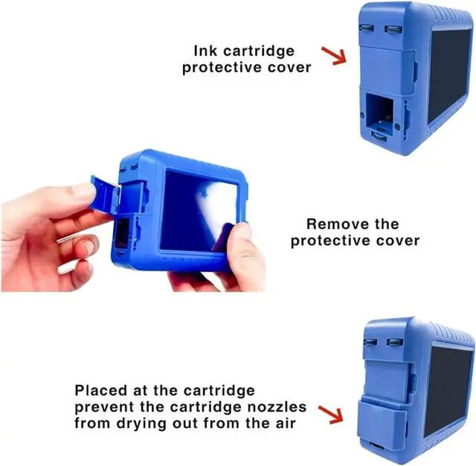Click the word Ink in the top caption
pos(206,51)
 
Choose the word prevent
pos(101,407)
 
